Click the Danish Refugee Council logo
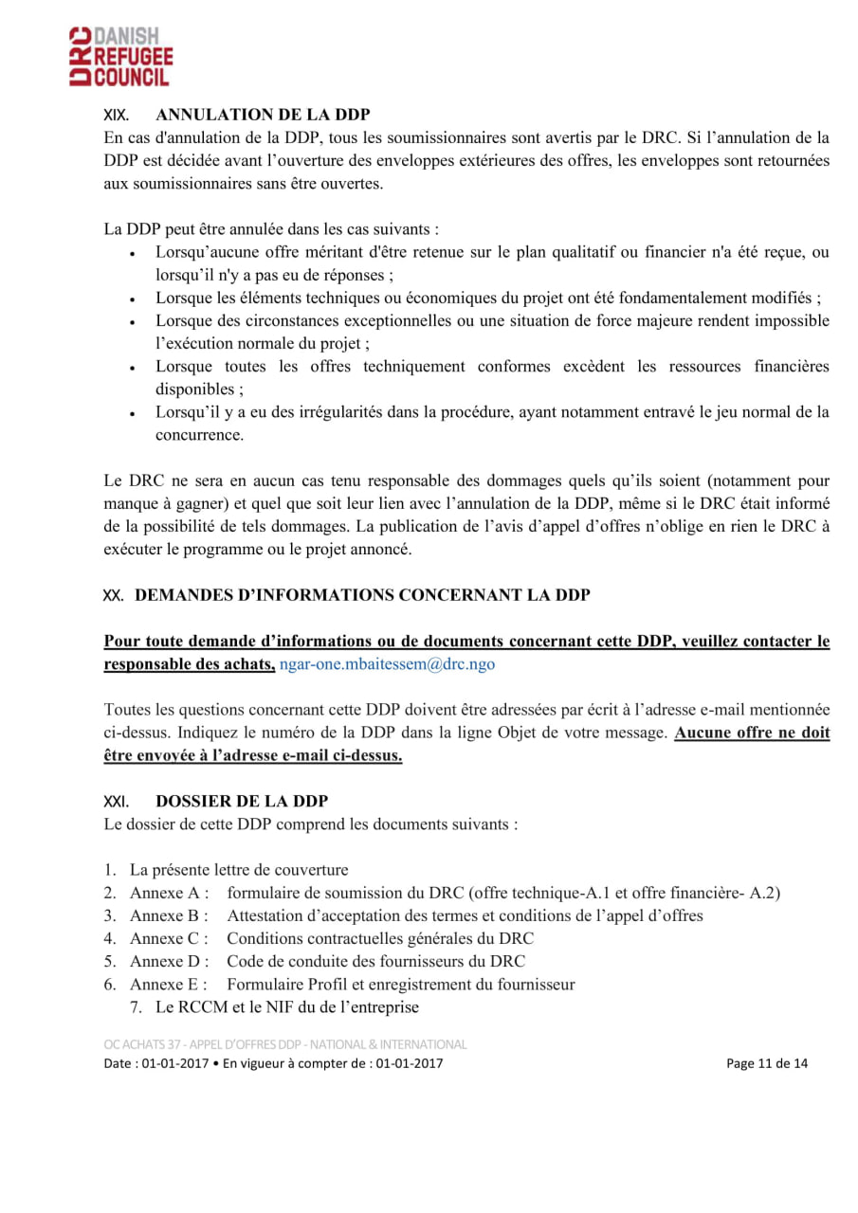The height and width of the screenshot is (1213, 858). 120,56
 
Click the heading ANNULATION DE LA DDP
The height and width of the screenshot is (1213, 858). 263,115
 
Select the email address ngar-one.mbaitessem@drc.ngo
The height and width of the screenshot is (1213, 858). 387,664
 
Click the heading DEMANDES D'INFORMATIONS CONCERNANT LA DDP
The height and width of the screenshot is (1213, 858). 363,595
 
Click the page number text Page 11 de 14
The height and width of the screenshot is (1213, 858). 767,1063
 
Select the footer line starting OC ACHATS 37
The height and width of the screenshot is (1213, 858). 285,1044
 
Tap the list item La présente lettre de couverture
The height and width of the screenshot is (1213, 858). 239,869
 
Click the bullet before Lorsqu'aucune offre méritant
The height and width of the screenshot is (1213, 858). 133,254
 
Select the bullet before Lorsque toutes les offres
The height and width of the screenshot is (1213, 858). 133,368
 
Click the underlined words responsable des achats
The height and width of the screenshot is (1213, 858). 189,664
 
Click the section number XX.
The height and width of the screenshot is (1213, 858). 114,595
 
